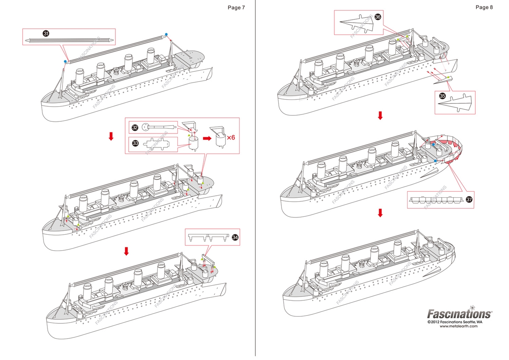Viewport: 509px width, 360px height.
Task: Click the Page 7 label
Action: point(236,7)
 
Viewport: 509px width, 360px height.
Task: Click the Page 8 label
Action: point(484,7)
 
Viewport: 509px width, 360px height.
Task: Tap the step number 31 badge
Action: point(46,34)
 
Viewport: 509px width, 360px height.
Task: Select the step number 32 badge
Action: point(135,128)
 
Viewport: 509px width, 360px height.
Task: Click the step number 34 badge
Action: point(235,237)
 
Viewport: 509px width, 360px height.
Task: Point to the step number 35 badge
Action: point(443,96)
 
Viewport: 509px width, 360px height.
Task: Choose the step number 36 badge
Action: point(378,17)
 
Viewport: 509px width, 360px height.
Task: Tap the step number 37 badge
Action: point(469,200)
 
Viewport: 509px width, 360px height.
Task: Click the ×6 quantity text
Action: point(231,138)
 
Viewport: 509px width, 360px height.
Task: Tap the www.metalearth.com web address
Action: point(458,326)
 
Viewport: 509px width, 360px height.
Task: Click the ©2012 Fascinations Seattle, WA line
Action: point(455,321)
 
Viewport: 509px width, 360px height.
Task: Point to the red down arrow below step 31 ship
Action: point(111,136)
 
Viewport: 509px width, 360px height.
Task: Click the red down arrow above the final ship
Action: point(380,213)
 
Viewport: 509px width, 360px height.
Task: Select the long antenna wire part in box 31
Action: point(68,41)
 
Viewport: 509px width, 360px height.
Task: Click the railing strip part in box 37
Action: point(435,200)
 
